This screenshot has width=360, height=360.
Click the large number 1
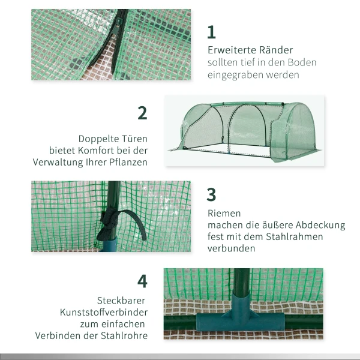coord(211,32)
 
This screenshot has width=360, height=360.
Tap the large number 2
coord(142,113)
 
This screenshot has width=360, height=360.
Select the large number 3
coord(211,194)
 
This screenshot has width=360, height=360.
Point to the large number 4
coord(142,281)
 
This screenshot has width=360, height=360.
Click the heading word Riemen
coord(224,213)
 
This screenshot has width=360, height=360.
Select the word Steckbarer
coord(121,300)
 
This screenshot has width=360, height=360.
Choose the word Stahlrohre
coord(124,335)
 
